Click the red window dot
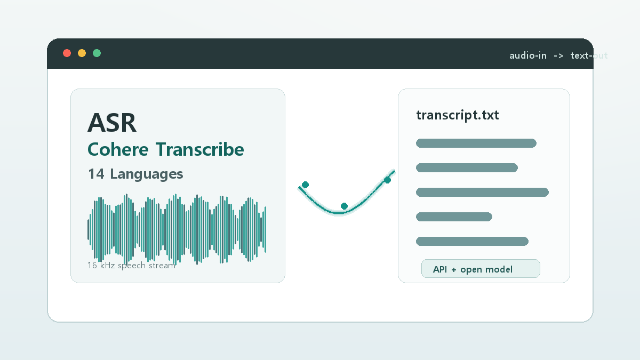(67, 53)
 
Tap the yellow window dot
(82, 53)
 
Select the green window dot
(97, 53)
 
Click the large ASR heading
(112, 123)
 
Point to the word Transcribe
(200, 150)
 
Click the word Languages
(147, 174)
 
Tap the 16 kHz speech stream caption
(131, 265)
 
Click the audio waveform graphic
(177, 229)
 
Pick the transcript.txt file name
(458, 115)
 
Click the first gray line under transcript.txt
(476, 143)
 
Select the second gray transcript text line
(467, 168)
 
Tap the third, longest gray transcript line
(482, 193)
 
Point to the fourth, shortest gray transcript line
(454, 217)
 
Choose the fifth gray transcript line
(472, 242)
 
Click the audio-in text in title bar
(527, 55)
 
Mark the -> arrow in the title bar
(558, 55)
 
